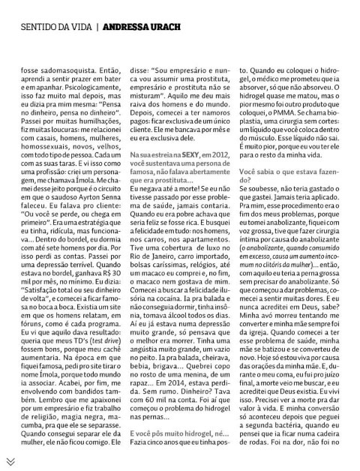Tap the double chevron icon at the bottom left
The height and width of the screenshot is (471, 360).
point(12,460)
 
